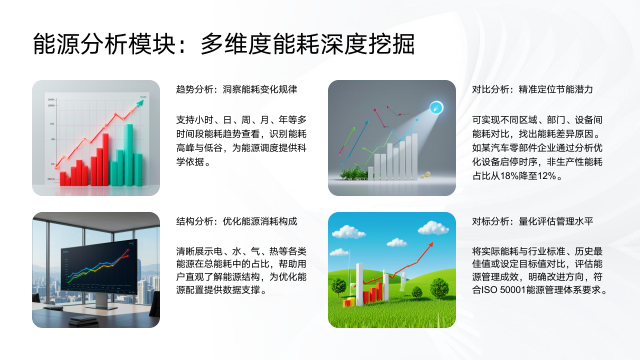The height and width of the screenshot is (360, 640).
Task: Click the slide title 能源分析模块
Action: (x=100, y=45)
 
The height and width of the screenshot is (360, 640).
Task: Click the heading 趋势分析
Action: (x=193, y=89)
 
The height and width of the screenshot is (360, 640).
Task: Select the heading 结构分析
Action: (x=193, y=219)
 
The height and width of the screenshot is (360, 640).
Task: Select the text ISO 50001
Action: (x=508, y=290)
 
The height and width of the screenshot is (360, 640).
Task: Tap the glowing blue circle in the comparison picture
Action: (x=435, y=105)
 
